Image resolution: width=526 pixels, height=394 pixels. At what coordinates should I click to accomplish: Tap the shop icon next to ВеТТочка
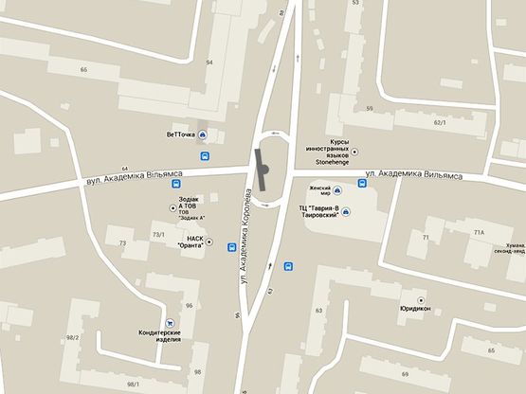click(x=213, y=134)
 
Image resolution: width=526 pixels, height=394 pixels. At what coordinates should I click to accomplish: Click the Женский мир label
click(x=313, y=192)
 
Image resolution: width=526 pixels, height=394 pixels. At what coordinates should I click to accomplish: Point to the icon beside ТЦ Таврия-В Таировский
click(x=346, y=211)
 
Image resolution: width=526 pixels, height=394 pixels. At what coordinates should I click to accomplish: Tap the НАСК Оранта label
click(x=193, y=242)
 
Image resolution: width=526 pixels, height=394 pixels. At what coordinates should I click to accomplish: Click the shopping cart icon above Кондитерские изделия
click(x=171, y=322)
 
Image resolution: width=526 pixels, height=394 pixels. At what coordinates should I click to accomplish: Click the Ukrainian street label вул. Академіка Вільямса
click(x=128, y=176)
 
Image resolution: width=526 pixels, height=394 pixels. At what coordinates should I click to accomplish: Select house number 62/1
click(x=439, y=123)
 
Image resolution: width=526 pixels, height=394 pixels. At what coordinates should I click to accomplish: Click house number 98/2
click(x=74, y=338)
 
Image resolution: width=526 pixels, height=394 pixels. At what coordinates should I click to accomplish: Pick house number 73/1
click(x=158, y=234)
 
